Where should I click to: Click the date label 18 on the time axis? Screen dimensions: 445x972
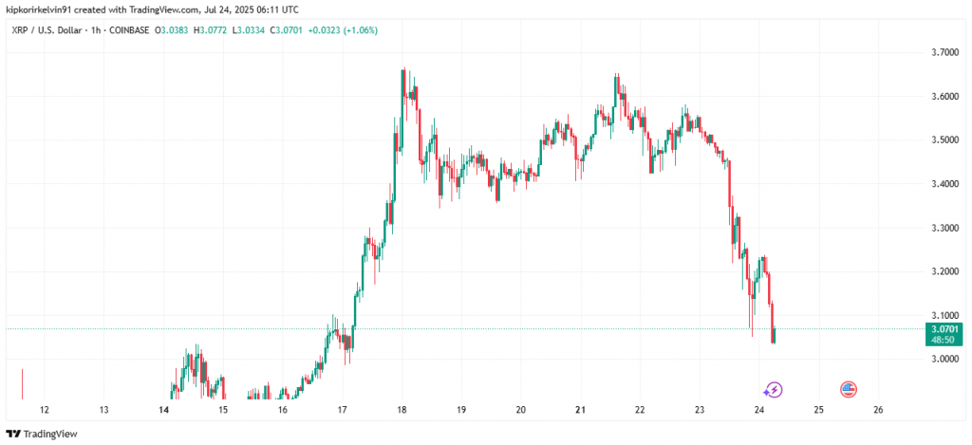point(402,410)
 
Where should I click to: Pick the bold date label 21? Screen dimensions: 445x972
point(580,410)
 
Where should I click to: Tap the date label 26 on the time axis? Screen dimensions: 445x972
point(878,410)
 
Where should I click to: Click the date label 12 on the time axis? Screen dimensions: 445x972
point(44,410)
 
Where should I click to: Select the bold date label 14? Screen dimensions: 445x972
point(163,410)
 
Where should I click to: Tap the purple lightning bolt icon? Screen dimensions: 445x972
point(774,389)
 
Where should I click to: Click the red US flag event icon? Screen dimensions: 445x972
point(849,389)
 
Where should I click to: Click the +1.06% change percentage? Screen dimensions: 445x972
point(359,28)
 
